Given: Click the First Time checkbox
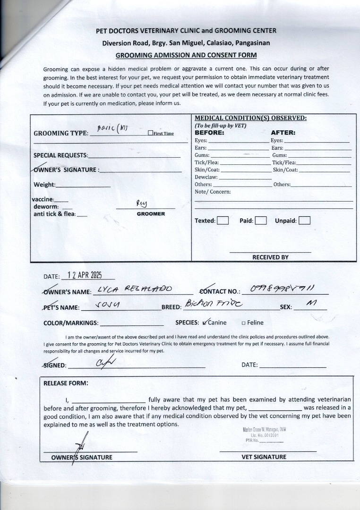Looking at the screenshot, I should click(x=150, y=133).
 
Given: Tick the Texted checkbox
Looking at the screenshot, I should click(x=223, y=221).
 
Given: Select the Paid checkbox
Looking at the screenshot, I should click(x=261, y=221).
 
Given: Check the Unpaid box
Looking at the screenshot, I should click(x=305, y=221).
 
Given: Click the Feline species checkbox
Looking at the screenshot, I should click(x=244, y=323).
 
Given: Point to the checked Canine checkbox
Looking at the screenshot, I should click(x=204, y=323).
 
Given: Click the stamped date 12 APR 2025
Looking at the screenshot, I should click(x=85, y=275).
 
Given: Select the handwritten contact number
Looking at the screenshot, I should click(x=283, y=289).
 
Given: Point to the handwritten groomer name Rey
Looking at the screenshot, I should click(x=142, y=203).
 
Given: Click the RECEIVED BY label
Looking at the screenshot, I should click(x=270, y=257).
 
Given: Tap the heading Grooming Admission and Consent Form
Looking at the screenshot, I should click(x=186, y=55).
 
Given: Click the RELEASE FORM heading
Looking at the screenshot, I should click(x=66, y=383).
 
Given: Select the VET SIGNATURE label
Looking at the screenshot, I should click(x=264, y=457).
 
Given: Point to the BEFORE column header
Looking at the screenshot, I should click(x=209, y=133).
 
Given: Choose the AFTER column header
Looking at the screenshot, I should click(x=283, y=133).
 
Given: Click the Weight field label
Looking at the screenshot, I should click(x=44, y=185).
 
